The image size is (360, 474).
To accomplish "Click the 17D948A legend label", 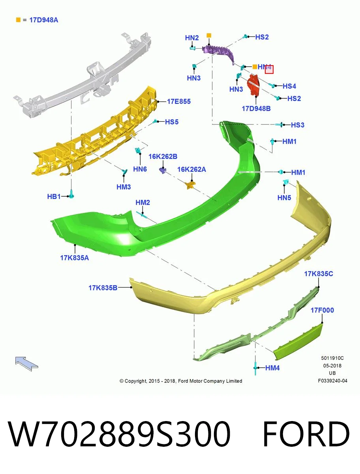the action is pos(43,20).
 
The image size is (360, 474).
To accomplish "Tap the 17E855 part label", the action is pos(179,102).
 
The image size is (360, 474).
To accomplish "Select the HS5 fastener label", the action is pos(172,122).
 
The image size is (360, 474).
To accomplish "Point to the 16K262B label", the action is pos(163,156).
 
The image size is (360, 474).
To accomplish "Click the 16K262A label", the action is pos(191,169).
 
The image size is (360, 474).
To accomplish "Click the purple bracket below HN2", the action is pos(218,53).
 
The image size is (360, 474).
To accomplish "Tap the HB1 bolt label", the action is pos(54,196).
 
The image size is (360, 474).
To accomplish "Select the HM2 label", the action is pos(142,203).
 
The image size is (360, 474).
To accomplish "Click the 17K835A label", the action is pos(75,258).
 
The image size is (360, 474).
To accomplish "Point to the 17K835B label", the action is pos(103,288).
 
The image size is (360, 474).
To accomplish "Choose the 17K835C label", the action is pos(319,274).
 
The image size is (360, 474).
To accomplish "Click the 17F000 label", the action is pos(322,310).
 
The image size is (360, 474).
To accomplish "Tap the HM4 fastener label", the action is pos(272,368).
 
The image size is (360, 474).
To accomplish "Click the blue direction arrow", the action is pos(26,364).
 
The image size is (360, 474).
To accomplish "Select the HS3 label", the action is pos(298,125).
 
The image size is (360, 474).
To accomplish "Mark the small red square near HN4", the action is pos(269,70).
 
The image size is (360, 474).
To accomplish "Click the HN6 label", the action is pos(140,169).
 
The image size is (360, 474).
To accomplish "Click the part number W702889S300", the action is pos(119,434).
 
